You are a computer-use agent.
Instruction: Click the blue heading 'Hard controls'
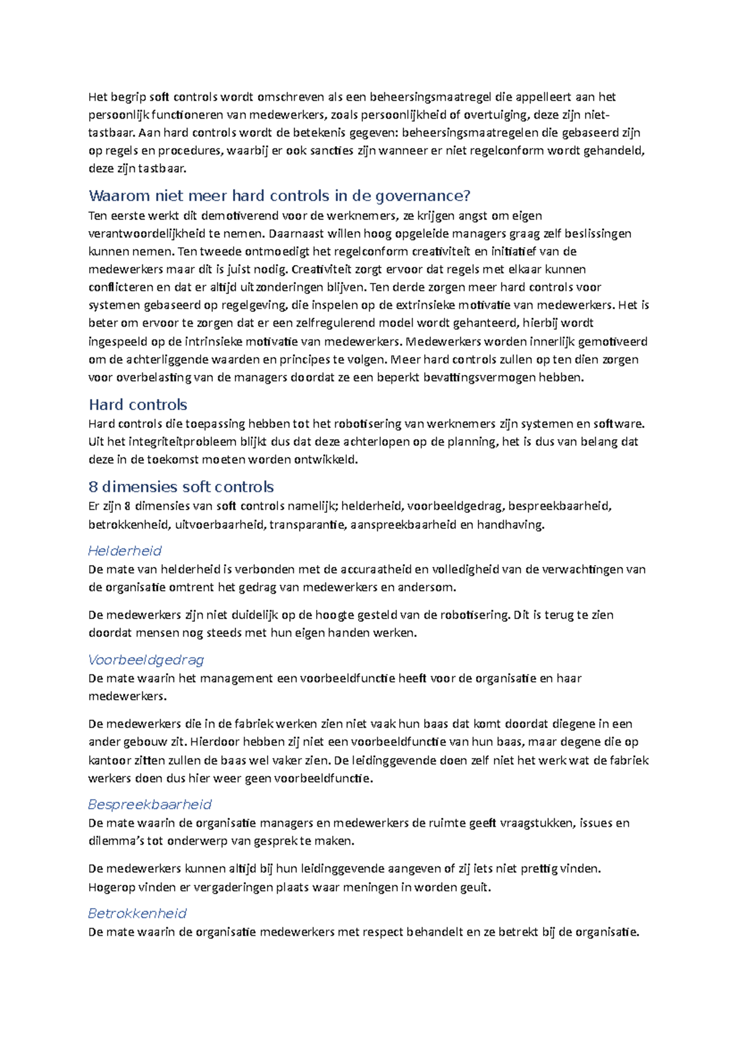pos(138,405)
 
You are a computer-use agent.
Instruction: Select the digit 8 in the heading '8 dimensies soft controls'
pos(93,487)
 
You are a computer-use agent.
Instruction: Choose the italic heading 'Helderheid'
pos(125,550)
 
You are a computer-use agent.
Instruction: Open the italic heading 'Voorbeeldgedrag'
pos(146,660)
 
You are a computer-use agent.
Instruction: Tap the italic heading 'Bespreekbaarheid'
pos(149,804)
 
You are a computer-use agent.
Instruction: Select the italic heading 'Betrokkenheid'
pos(137,913)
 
